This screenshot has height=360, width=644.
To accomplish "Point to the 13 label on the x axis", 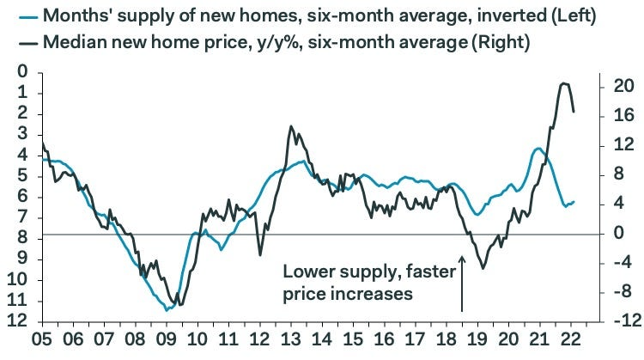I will [291, 341].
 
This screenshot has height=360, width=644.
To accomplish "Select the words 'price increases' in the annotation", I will [348, 294].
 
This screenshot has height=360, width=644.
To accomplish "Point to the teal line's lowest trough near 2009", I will [168, 308].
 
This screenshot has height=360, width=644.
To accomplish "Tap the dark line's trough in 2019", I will [483, 268].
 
